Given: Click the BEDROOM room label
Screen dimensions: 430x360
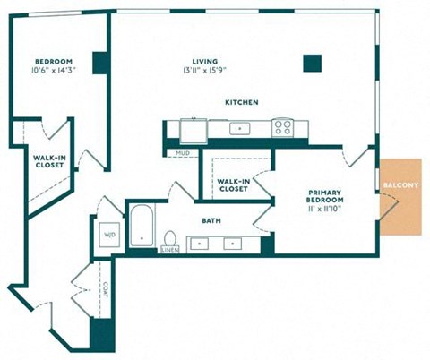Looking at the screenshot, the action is coord(54,62).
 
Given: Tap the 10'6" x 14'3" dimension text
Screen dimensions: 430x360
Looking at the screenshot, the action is coord(53,71).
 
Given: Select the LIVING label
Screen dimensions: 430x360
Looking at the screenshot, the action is coord(205,62).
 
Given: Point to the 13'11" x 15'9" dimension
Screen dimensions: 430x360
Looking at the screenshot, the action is coord(204,71).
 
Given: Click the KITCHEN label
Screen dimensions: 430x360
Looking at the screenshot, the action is coord(242,102).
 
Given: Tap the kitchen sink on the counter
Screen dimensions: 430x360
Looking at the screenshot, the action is coord(240,129).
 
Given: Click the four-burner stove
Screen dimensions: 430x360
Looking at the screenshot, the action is coord(283,128).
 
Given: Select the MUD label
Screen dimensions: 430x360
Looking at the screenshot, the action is coord(183,153).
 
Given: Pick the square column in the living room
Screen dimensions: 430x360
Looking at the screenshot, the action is coord(313,64).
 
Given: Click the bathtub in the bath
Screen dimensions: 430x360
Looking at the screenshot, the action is coord(142,226).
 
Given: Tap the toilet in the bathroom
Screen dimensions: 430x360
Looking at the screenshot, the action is coord(170,238).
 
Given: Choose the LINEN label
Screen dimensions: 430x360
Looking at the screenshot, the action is coord(170,250).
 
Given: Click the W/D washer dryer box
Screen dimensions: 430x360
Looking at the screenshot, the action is coord(109,235).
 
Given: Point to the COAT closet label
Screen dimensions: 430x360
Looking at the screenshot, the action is coord(106,289).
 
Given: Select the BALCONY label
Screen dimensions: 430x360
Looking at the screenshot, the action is coord(400,185).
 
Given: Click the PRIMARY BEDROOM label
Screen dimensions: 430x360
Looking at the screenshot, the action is coord(325,196).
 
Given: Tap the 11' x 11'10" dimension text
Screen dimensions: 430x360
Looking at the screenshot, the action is coord(323,209).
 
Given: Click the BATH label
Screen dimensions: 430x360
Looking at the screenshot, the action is coord(211,221).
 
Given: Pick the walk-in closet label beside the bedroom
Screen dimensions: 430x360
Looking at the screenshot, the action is coord(49,161).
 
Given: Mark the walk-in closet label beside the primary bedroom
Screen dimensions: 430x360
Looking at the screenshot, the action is coord(234,185).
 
